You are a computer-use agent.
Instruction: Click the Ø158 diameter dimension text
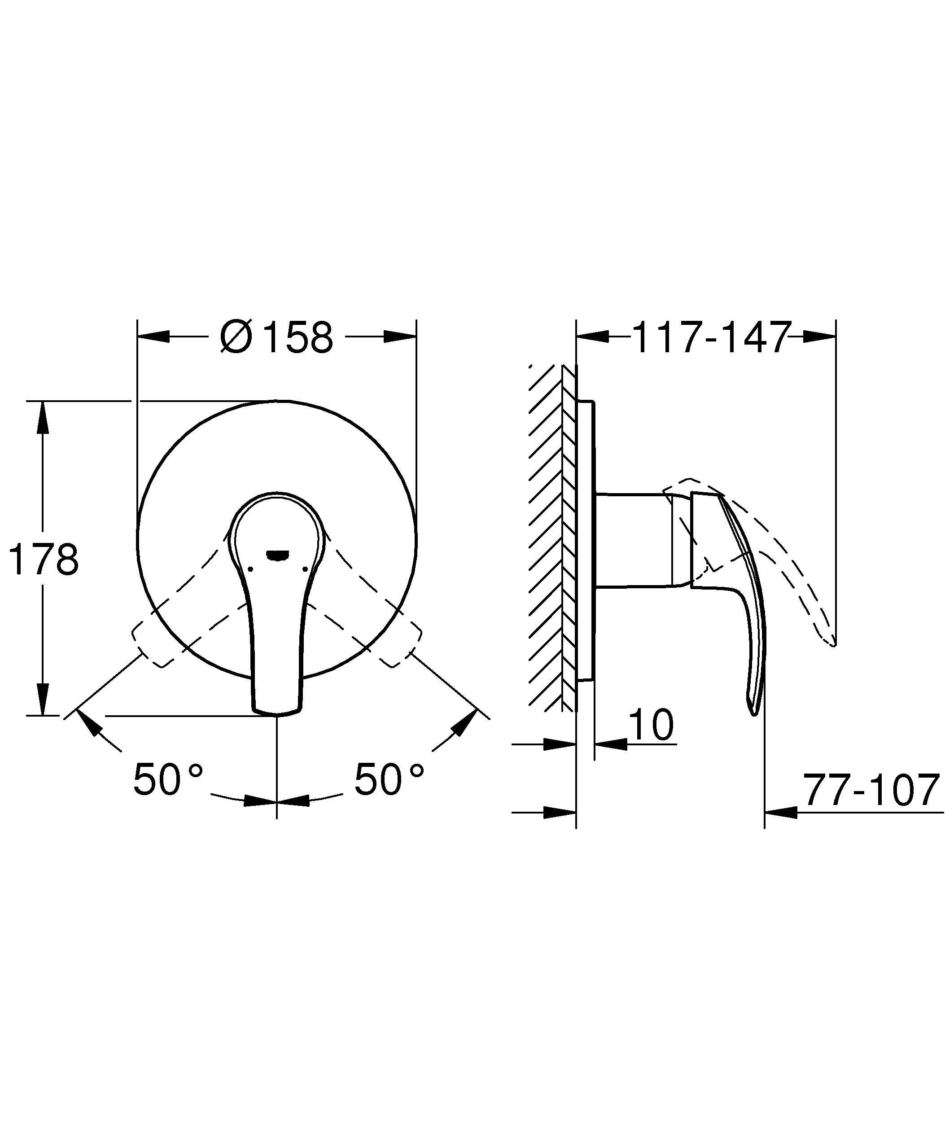(277, 338)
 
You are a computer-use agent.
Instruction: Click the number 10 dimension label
(651, 725)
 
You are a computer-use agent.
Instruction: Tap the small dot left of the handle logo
(250, 569)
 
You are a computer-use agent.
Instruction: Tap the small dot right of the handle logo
(305, 569)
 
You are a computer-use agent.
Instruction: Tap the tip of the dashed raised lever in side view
(833, 645)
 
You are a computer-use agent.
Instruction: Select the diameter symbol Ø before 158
(236, 338)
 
